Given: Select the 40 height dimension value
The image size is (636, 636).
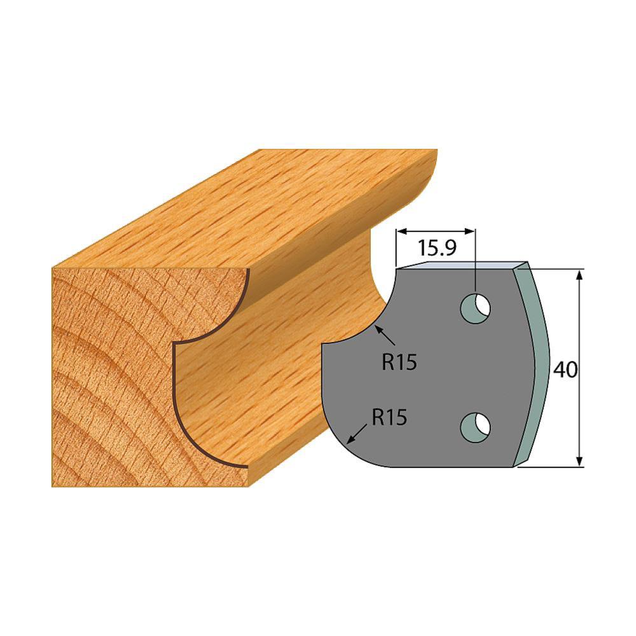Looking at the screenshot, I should pos(565,370).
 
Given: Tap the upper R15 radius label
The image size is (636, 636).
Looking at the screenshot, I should pos(399,362).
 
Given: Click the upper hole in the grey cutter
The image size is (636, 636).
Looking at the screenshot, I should pos(476,307).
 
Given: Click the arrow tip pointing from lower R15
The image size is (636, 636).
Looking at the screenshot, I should pos(345,441).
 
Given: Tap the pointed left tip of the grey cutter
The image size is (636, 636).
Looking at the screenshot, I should pos(324,345).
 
